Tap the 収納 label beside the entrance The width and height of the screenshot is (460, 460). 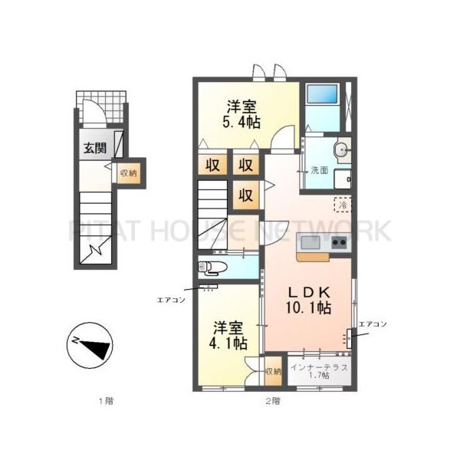click(x=128, y=172)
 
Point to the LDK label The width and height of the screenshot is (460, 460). click(x=309, y=293)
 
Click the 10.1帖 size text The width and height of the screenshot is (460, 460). click(x=308, y=308)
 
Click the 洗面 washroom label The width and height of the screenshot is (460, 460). click(x=319, y=170)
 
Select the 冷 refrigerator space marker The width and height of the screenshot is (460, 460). click(x=343, y=205)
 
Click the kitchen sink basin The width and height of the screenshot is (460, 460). click(x=310, y=243)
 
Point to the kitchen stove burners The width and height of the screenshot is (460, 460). click(x=339, y=243)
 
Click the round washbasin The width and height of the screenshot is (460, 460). click(x=340, y=149)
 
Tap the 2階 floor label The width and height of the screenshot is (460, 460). click(x=271, y=400)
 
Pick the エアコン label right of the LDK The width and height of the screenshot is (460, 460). click(x=372, y=324)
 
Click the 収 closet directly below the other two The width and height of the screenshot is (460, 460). click(x=245, y=195)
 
